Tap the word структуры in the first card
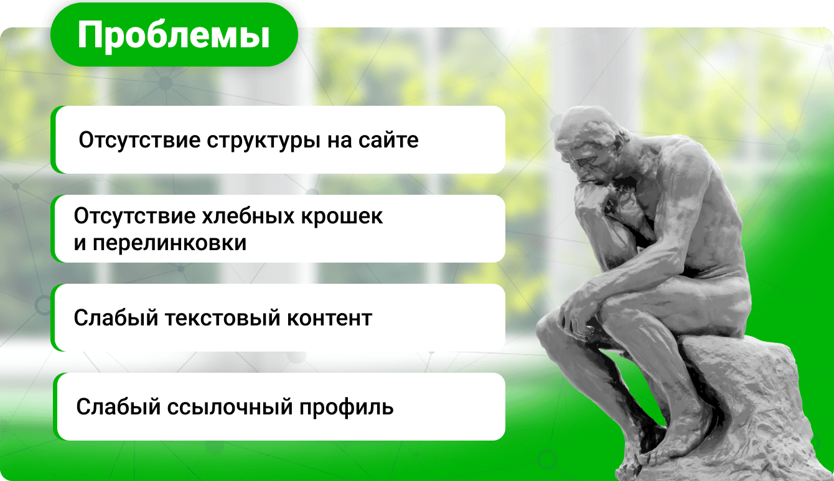[263, 141]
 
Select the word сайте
[388, 140]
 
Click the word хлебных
[248, 216]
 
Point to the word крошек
[342, 217]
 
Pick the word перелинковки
[169, 243]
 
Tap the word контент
[329, 318]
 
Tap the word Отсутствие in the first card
[139, 140]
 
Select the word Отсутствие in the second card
[135, 216]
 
